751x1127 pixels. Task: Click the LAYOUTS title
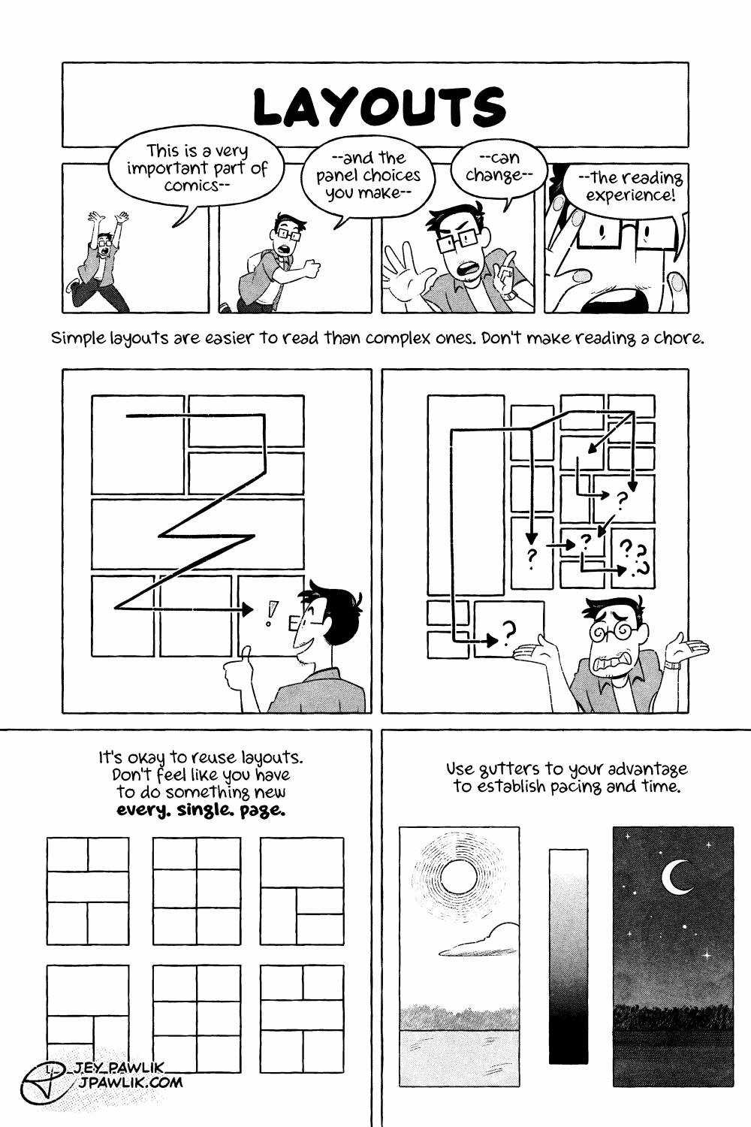pos(379,107)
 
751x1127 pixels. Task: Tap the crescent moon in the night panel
pos(676,877)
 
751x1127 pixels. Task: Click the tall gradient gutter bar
pos(568,956)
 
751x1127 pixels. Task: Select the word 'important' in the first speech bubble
pos(158,168)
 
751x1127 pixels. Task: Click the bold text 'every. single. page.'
pos(201,811)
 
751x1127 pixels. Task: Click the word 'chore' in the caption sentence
pos(680,338)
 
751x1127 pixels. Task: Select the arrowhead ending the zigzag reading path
pos(247,608)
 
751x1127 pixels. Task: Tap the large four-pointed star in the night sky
pos(707,955)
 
